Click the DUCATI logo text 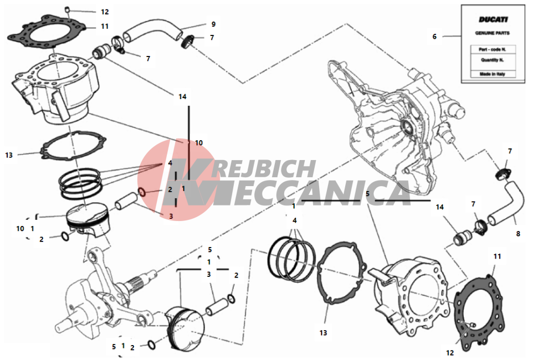coord(493,19)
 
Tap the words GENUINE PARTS coord(493,33)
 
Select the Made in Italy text coord(493,74)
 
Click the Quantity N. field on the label coord(493,60)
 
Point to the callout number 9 coord(213,24)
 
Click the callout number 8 coord(518,234)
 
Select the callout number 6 coord(434,37)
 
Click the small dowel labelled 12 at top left coord(68,9)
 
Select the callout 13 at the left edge coord(9,155)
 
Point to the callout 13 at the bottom coord(323,333)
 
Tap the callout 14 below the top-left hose coord(182,97)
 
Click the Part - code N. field coord(493,49)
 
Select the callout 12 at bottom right coord(450,353)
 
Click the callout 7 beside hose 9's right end coord(212,38)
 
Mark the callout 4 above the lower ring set coord(295,220)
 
